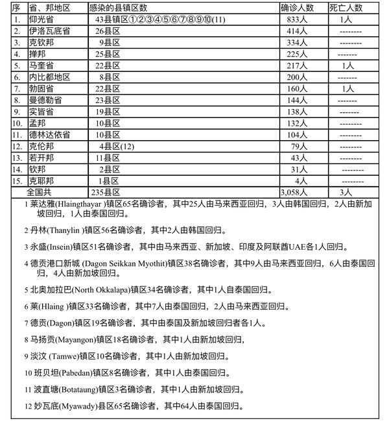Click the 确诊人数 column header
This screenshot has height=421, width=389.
(x=299, y=8)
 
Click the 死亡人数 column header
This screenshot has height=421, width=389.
(x=346, y=8)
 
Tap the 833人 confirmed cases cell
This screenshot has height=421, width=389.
(x=296, y=20)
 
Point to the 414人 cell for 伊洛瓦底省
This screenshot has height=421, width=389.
(x=296, y=31)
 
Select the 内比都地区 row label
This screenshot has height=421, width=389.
(x=49, y=77)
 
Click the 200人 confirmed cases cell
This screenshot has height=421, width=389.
(x=296, y=77)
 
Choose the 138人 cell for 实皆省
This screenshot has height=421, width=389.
(x=296, y=112)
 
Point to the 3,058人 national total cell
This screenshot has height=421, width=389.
(x=295, y=193)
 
